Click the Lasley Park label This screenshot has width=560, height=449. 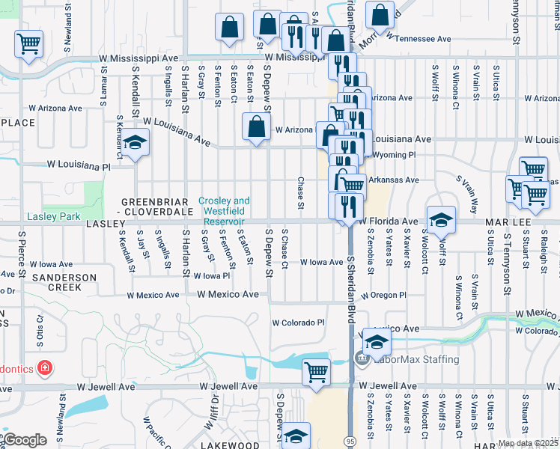tap(53, 216)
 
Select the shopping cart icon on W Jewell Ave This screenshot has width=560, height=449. tap(316, 372)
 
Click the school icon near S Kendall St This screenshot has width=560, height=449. tap(135, 142)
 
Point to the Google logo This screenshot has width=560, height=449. tap(24, 440)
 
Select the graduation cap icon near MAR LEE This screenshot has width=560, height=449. tap(440, 219)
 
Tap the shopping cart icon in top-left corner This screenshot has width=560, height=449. tap(29, 43)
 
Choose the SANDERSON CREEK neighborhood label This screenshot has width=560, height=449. tap(64, 282)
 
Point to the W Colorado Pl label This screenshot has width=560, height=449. tap(298, 323)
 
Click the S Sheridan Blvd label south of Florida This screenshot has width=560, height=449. tap(350, 291)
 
